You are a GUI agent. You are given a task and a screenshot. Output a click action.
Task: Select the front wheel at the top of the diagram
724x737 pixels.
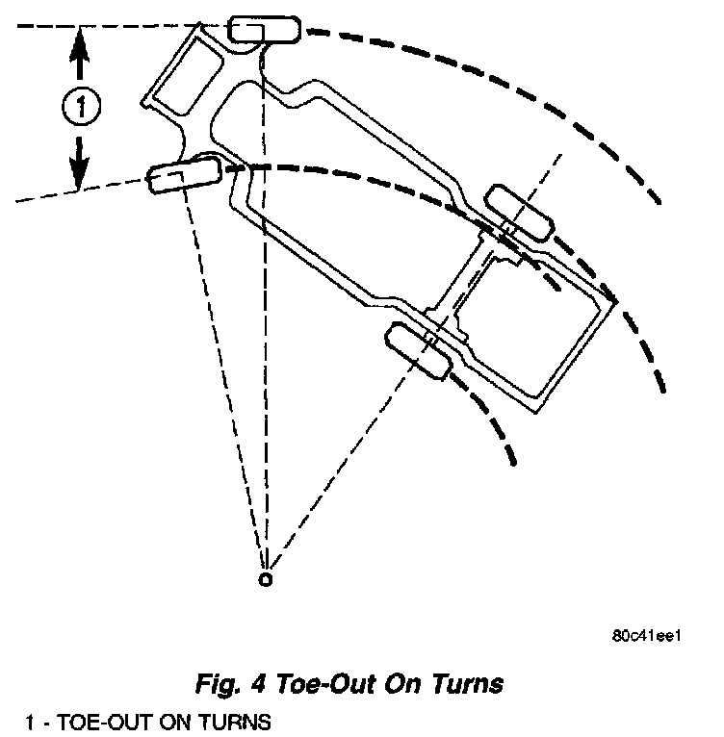[264, 29]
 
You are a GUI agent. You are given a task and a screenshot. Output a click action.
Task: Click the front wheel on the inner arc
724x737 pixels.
[184, 177]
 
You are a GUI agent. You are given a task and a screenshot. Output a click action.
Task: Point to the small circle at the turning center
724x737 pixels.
[266, 579]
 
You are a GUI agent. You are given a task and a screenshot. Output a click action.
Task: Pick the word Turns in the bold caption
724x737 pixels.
[468, 684]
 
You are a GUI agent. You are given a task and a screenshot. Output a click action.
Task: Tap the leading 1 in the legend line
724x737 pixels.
[31, 719]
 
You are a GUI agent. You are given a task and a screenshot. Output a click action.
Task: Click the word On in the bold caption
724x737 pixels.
[408, 684]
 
